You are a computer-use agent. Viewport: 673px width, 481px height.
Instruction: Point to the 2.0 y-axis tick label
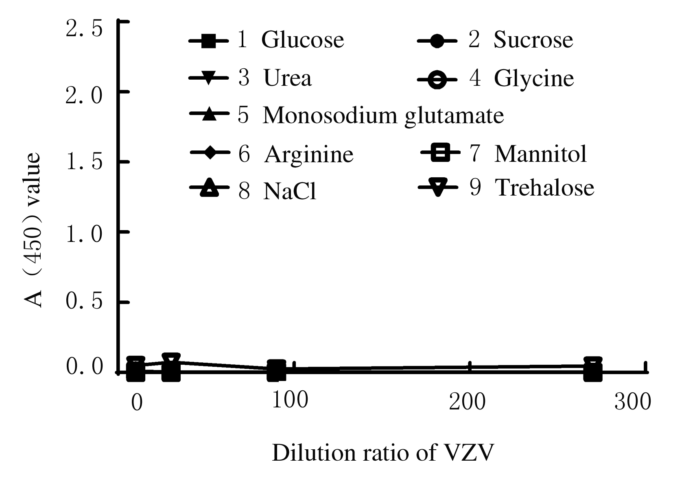pos(83,96)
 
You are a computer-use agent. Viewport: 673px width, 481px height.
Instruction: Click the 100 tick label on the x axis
pos(290,400)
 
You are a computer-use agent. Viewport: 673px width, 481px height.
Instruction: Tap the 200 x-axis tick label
pos(468,402)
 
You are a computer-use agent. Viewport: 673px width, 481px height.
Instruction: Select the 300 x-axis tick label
pos(632,402)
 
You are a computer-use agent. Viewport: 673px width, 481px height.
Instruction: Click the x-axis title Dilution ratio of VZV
pos(382,453)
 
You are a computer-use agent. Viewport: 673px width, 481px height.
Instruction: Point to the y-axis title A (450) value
pos(33,230)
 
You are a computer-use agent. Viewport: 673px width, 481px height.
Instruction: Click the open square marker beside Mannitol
pos(440,154)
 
